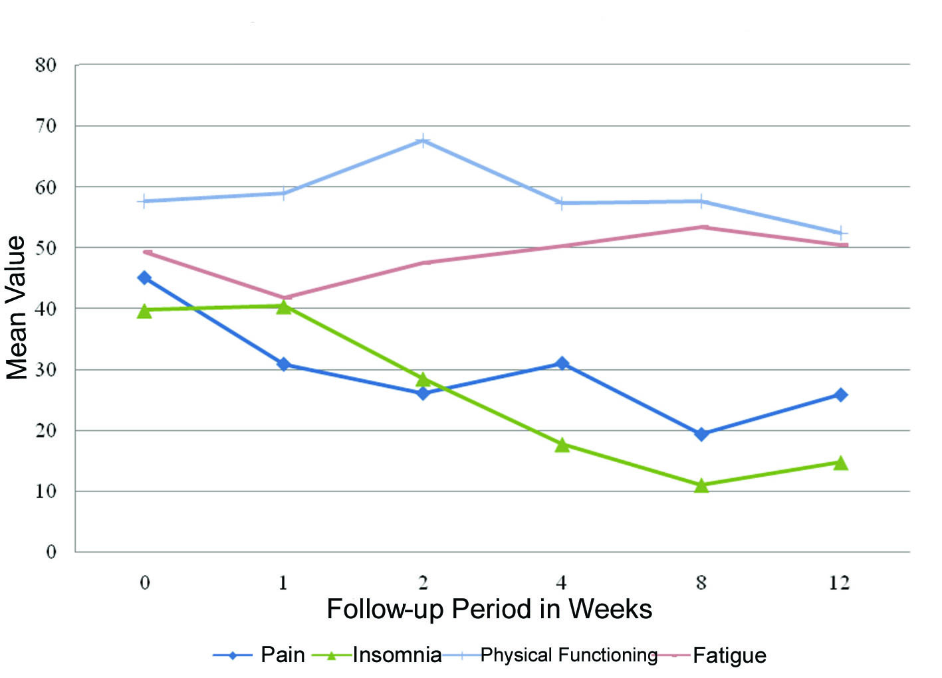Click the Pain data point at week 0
pos(144,278)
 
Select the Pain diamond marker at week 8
pos(701,434)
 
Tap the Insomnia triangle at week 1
pos(284,307)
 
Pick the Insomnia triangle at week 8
pos(701,485)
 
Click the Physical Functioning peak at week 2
pos(423,140)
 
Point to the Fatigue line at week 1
pos(284,297)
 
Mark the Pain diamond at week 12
pos(840,395)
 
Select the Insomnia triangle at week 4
pos(562,445)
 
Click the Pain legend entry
pos(282,655)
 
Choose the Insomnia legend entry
pos(397,655)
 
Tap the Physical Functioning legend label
pos(568,655)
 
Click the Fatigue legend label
pos(729,655)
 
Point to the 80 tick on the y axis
pos(46,65)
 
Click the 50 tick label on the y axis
pos(46,248)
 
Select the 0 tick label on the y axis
pos(51,552)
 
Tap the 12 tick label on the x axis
pos(839,583)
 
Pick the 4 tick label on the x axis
pos(562,583)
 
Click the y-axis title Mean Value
pos(16,307)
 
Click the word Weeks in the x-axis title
pos(610,609)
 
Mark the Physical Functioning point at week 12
pos(840,233)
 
